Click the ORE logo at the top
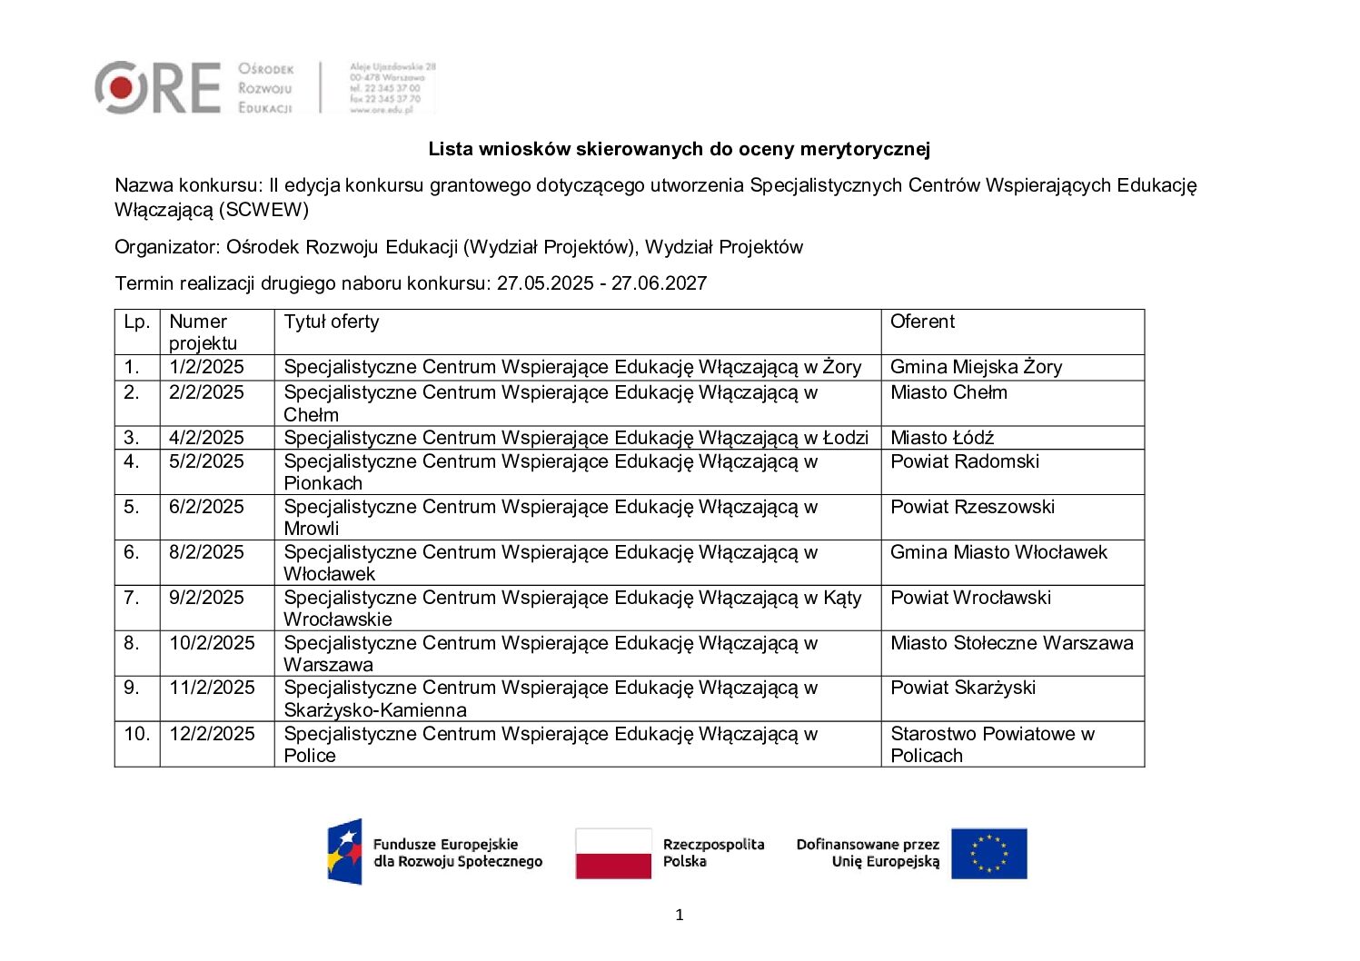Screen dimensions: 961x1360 coord(157,88)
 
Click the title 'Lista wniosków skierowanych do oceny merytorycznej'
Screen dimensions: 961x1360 coord(679,149)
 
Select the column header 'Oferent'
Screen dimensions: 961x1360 coord(922,322)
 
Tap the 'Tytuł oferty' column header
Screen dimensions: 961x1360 coord(331,322)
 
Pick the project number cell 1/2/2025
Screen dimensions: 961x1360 coord(206,367)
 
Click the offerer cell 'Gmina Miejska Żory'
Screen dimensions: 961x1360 coord(976,367)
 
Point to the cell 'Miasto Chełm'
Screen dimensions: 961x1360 coord(948,392)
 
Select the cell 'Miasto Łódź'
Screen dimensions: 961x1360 coord(942,438)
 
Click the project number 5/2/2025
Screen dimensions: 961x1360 coord(206,461)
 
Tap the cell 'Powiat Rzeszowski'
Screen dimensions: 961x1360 coord(972,507)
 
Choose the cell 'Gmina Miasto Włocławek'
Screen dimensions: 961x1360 coord(998,552)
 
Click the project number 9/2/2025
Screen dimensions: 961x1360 coord(206,598)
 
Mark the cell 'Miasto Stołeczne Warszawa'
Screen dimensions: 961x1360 coord(1011,643)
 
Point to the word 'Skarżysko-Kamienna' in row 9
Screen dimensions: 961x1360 coord(375,710)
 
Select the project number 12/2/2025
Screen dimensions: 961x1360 coord(212,734)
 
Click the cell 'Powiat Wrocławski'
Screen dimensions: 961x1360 coord(970,598)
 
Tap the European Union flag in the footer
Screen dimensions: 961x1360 coord(988,854)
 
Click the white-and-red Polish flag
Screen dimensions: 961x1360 coord(613,854)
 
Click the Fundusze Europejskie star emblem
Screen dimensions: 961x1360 coord(345,852)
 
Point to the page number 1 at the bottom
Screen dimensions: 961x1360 coord(680,915)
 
